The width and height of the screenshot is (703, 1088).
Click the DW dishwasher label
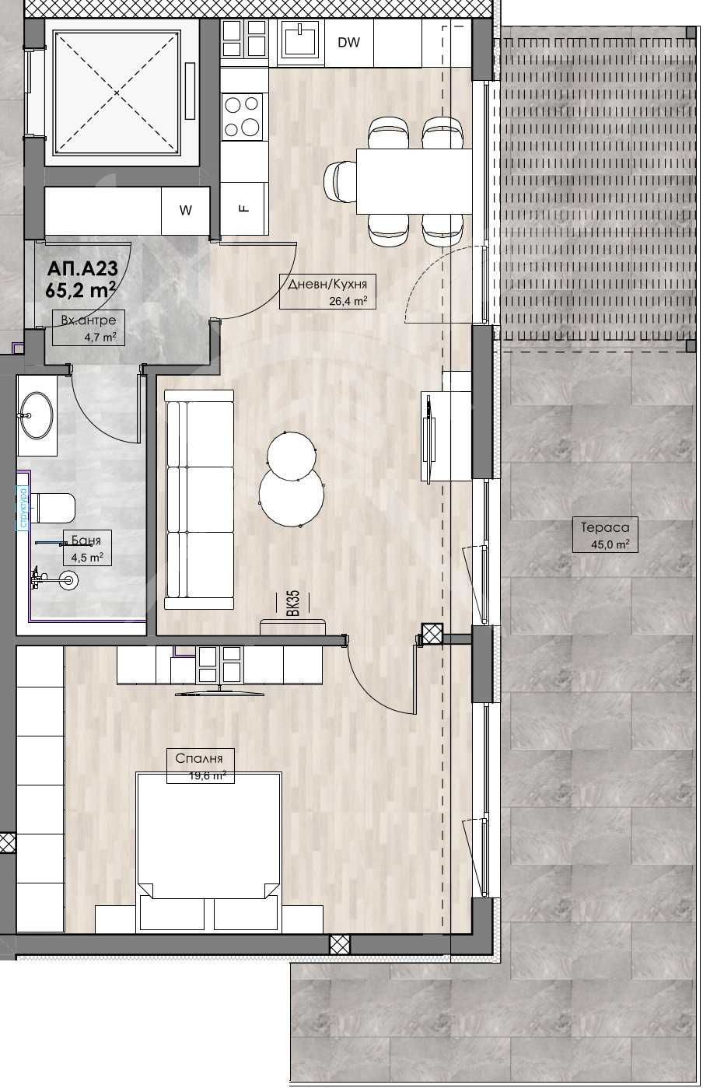pos(349,43)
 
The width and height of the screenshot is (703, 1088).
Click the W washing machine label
pos(185,210)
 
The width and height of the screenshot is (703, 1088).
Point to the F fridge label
pos(243,208)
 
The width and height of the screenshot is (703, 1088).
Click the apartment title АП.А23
pos(82,269)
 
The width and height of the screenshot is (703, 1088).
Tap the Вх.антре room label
pos(89,320)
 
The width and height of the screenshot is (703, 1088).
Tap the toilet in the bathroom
pos(54,508)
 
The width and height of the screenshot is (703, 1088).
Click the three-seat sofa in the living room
pos(200,499)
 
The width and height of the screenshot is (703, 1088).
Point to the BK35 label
pos(292,603)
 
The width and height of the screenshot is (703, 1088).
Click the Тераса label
pos(599,527)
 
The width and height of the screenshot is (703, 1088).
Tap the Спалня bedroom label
pos(200,759)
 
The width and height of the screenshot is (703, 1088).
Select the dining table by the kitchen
pos(414,180)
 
